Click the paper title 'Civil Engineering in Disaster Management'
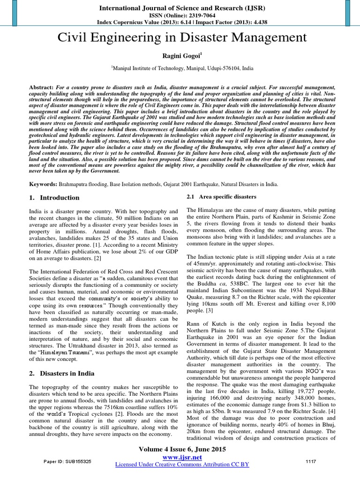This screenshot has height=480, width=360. click(180, 38)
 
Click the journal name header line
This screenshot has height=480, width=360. click(180, 7)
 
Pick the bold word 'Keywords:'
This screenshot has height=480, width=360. click(43, 185)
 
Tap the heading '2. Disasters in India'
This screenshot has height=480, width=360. click(62, 374)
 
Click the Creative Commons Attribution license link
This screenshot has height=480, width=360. click(182, 464)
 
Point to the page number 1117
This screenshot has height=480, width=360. click(311, 461)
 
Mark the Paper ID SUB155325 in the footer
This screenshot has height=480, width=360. click(68, 462)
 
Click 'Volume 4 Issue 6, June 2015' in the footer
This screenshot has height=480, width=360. click(182, 449)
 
